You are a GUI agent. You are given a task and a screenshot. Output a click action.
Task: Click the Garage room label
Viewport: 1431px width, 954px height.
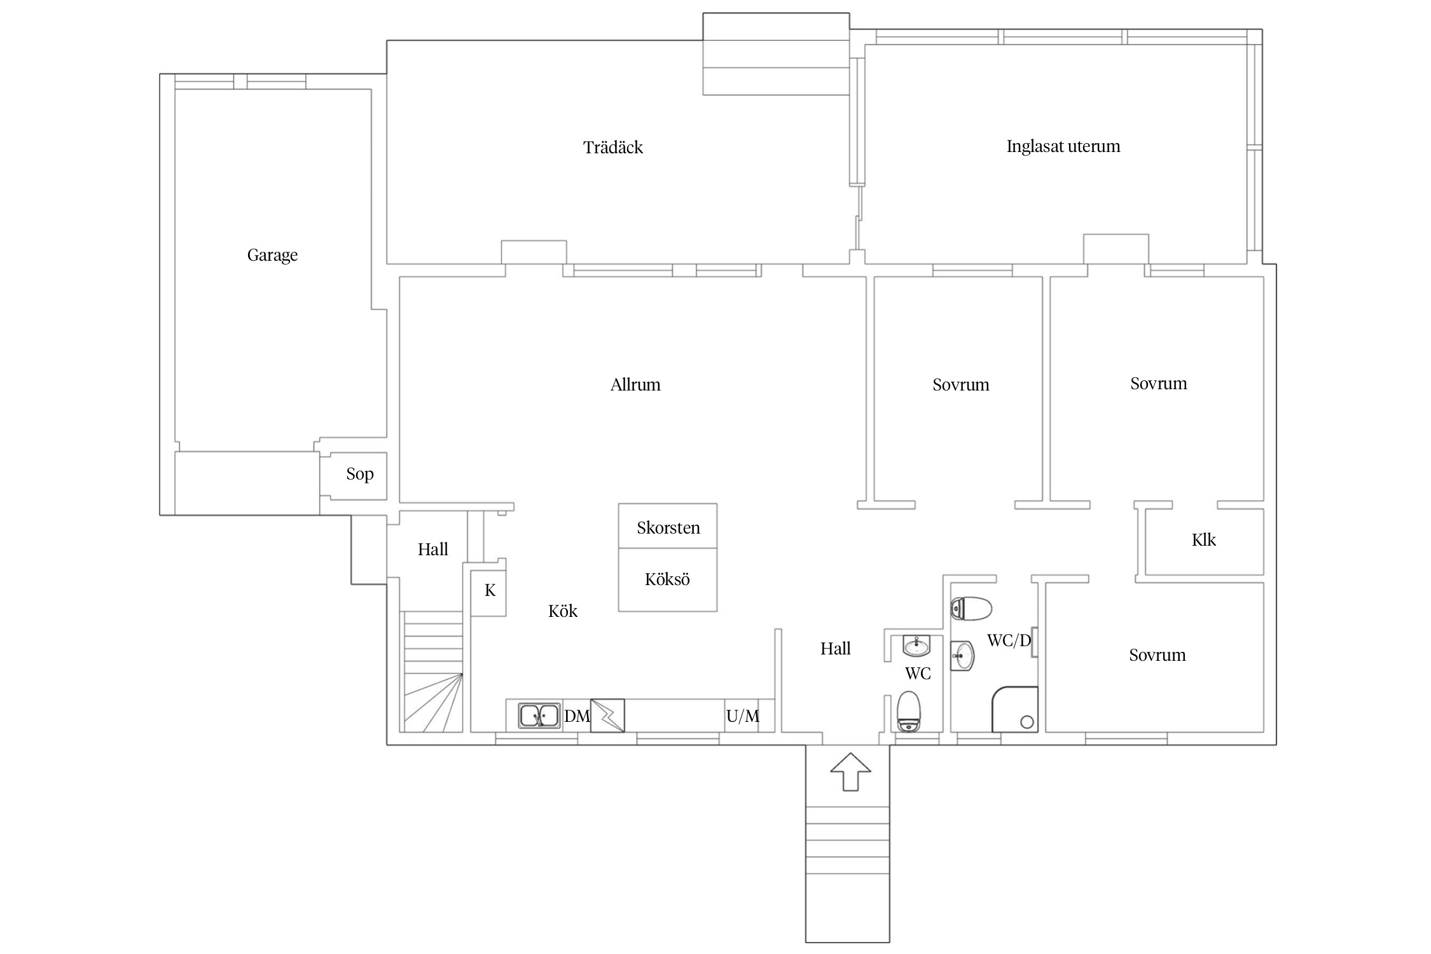(x=272, y=256)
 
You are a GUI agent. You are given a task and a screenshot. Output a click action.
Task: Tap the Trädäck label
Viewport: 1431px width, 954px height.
(x=613, y=148)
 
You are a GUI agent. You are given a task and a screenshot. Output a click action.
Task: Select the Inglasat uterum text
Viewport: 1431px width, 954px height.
(x=1063, y=147)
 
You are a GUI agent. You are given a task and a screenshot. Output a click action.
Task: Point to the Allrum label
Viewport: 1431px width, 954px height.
(x=635, y=385)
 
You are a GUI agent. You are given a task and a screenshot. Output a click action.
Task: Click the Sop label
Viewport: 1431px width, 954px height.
(x=360, y=474)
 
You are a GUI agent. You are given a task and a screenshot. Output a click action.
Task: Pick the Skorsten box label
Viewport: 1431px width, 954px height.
(x=668, y=528)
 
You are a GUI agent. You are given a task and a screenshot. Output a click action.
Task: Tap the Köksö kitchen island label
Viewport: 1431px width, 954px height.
(x=667, y=579)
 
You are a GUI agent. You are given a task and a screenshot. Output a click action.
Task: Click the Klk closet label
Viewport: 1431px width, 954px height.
(x=1203, y=540)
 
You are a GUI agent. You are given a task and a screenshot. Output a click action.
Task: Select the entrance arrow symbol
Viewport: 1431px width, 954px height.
(x=850, y=772)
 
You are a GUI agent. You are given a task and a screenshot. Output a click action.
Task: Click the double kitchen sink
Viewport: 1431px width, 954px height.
(x=539, y=715)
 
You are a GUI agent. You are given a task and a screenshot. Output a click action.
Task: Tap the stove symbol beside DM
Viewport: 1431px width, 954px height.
(x=607, y=715)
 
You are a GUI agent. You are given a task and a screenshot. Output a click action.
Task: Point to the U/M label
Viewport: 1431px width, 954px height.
(x=743, y=716)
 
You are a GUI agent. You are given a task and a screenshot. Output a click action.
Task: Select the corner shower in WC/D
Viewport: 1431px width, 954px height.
(x=1014, y=709)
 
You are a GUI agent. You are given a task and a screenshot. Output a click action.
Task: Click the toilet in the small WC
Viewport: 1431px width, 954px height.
(x=908, y=712)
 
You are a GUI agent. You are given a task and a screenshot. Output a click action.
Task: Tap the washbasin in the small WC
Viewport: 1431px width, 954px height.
(x=916, y=646)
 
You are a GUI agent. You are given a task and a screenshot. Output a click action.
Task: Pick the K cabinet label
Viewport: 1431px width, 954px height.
(x=490, y=591)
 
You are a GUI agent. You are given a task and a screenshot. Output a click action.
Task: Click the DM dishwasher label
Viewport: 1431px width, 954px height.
(x=577, y=716)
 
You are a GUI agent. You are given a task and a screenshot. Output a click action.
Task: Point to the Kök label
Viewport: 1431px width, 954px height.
(x=563, y=611)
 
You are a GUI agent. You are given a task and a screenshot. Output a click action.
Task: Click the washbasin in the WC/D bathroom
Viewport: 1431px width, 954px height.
(x=962, y=656)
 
